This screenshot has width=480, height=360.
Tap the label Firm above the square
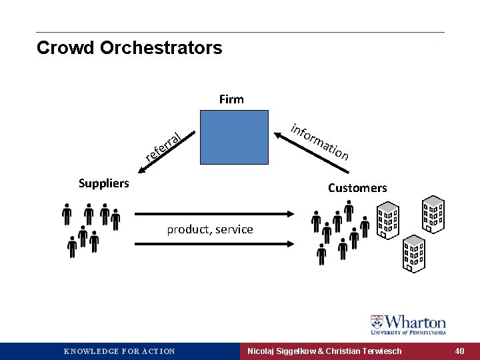point(231,99)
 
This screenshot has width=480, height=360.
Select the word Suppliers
point(104,183)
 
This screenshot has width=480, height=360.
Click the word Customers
point(357,188)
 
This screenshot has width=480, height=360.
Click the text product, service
point(210,229)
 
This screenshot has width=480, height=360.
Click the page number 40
point(460,351)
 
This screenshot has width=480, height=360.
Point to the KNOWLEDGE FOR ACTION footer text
point(119,351)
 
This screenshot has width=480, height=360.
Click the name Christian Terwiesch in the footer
point(364,351)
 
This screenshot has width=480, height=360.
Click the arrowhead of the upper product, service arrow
point(291,213)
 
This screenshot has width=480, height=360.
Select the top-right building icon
point(434,213)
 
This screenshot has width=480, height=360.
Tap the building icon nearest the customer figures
point(388,221)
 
